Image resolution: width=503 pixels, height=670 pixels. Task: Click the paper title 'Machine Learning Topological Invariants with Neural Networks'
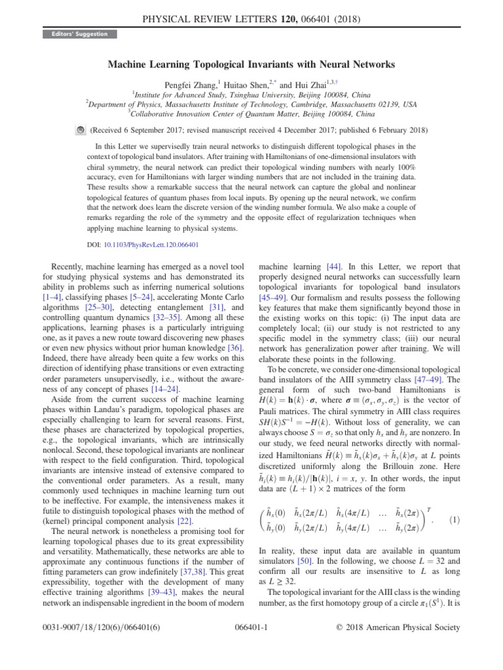tap(251, 65)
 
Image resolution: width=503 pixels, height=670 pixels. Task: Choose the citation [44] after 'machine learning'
tap(331, 267)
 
